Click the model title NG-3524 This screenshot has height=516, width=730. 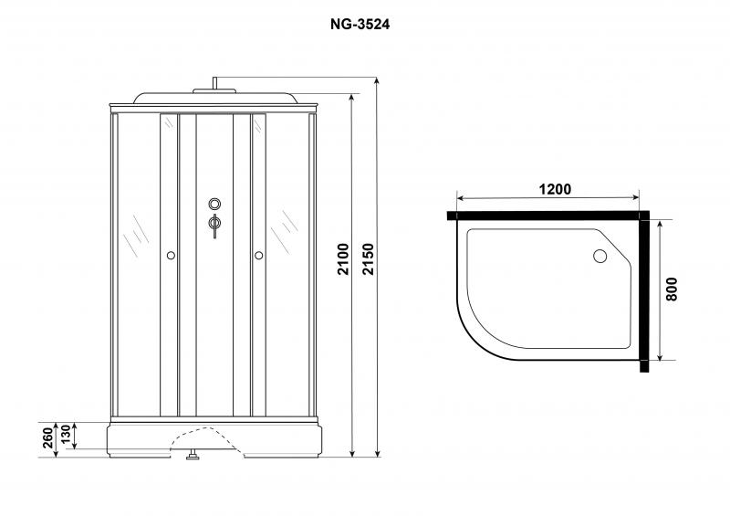click(x=360, y=25)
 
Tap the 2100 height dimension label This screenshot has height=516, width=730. click(x=343, y=259)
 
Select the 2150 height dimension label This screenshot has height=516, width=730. click(x=369, y=259)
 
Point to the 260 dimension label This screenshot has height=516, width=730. click(x=48, y=438)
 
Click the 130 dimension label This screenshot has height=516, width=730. click(x=66, y=435)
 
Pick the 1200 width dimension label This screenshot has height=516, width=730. click(x=555, y=189)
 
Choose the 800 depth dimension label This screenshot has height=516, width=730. click(x=672, y=289)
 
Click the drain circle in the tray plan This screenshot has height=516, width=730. click(x=600, y=256)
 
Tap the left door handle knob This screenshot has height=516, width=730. click(x=171, y=256)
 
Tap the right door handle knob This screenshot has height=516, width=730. click(x=259, y=256)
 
